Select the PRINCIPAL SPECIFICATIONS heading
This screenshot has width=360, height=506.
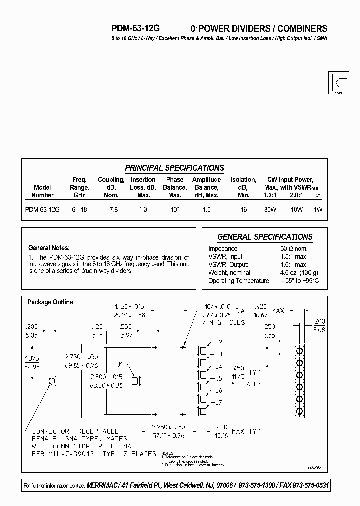coord(174,168)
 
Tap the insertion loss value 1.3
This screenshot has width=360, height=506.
coord(143,210)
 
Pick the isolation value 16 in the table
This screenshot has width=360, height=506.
coord(243,210)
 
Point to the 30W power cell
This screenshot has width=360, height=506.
coord(270,210)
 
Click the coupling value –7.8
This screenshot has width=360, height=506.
coord(111,210)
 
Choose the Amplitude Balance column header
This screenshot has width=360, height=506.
coord(206,187)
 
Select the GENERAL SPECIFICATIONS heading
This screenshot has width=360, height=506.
coord(265,237)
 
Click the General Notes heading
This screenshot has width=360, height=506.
coord(49,248)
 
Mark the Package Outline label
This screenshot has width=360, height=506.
coord(50,302)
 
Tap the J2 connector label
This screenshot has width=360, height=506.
coord(219,342)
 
